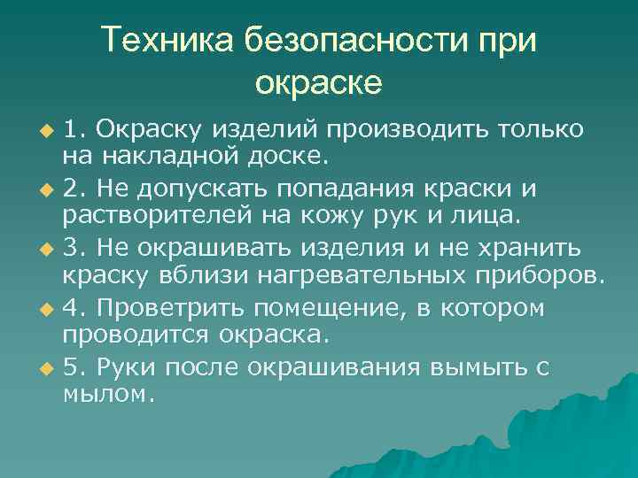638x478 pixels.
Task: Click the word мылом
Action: (108, 395)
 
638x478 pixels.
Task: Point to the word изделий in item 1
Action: (268, 131)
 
